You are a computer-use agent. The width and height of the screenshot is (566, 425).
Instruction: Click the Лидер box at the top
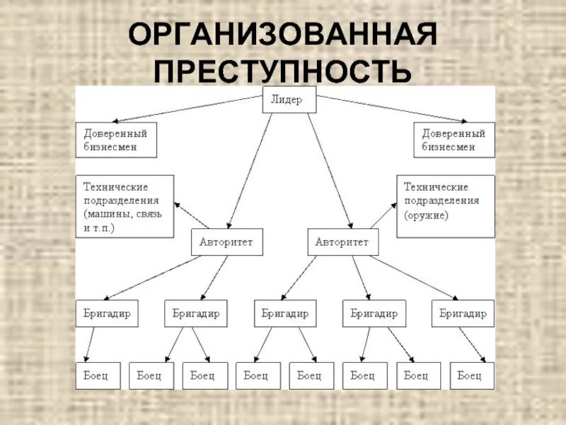point(289,100)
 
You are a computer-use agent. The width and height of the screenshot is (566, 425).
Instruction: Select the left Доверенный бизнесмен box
point(116,140)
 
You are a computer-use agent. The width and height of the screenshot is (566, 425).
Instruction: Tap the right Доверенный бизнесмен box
point(454,140)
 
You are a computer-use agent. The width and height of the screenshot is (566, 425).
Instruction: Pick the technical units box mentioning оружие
point(445,206)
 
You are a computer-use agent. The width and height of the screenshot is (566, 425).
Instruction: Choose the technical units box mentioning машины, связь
point(125,206)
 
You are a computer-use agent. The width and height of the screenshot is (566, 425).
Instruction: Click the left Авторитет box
point(226,242)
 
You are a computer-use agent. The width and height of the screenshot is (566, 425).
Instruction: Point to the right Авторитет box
point(343,242)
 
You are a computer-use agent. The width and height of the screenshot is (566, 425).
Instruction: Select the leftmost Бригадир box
point(107,313)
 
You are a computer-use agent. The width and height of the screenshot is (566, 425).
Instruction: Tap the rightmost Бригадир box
point(463,313)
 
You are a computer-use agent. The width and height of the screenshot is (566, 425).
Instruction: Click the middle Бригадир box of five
point(285,313)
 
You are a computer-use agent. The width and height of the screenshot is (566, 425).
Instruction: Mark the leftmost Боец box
point(98,375)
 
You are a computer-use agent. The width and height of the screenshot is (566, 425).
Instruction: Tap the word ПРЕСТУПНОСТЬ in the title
point(282,72)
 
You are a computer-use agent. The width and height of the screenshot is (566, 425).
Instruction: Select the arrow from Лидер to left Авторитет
point(249,170)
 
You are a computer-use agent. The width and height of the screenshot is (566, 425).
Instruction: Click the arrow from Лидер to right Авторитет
point(330,170)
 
